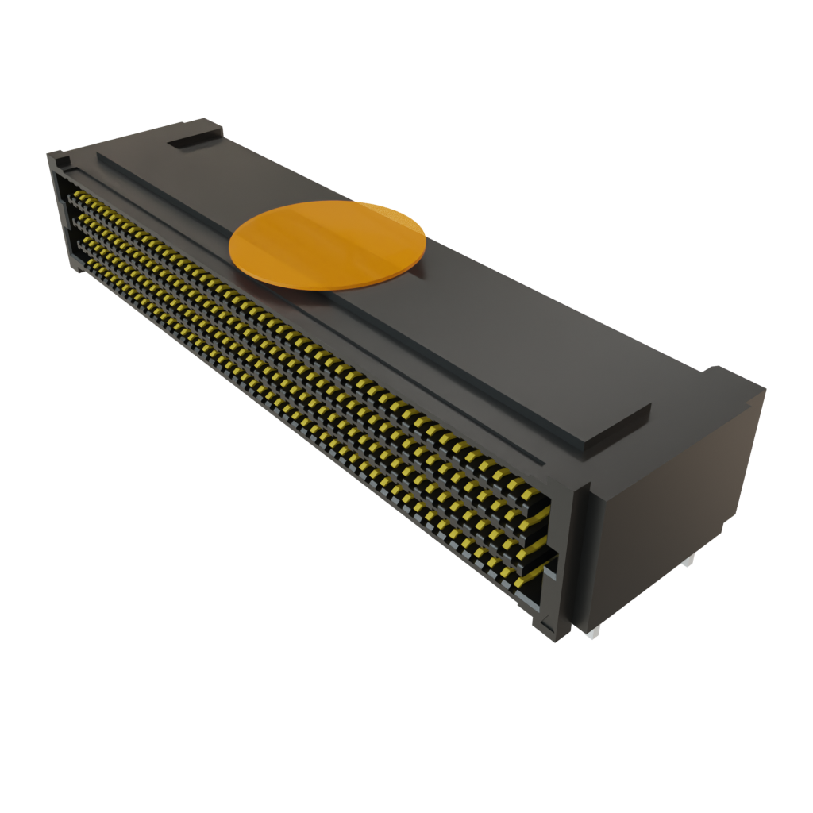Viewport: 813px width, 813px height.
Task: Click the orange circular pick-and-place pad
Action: click(327, 244)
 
